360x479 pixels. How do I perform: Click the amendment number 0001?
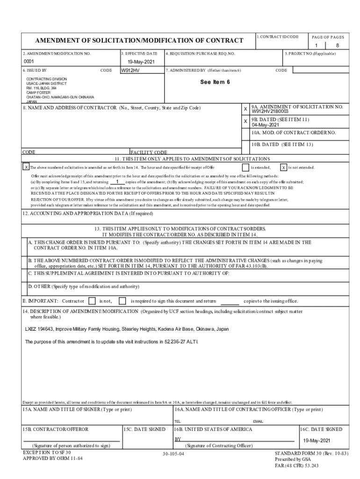pyautogui.click(x=29, y=62)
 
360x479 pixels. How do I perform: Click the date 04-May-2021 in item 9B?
pyautogui.click(x=265, y=125)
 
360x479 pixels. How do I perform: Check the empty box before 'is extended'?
pyautogui.click(x=245, y=167)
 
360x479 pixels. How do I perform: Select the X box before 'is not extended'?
pyautogui.click(x=284, y=167)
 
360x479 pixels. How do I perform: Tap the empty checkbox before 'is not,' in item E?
pyautogui.click(x=92, y=301)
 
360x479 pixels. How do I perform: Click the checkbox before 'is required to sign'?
pyautogui.click(x=122, y=301)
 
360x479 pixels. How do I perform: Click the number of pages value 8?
pyautogui.click(x=337, y=45)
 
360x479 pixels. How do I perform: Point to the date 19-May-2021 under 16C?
pyautogui.click(x=317, y=441)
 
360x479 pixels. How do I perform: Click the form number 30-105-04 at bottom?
pyautogui.click(x=173, y=454)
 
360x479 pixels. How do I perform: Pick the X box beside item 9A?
pyautogui.click(x=245, y=109)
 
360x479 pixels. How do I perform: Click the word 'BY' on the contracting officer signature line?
pyautogui.click(x=178, y=439)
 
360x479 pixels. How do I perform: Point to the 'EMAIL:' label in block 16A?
pyautogui.click(x=259, y=421)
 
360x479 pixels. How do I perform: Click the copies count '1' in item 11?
pyautogui.click(x=117, y=181)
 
